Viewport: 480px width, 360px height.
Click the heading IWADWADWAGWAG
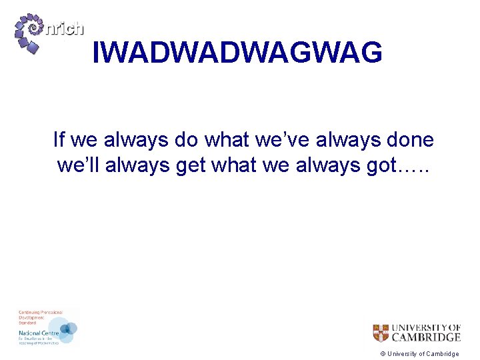[x=237, y=52]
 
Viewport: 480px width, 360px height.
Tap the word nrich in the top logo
[x=64, y=28]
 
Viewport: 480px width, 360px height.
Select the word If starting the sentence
[x=59, y=140]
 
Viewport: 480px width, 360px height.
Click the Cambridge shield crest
[x=381, y=333]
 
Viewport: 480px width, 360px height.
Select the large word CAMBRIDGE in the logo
[x=426, y=337]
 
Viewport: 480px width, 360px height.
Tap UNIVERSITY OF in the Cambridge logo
[x=426, y=327]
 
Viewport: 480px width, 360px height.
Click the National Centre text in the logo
[x=39, y=331]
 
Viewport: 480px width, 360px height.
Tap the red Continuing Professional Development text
[x=39, y=316]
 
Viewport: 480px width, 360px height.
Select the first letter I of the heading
[x=95, y=52]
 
